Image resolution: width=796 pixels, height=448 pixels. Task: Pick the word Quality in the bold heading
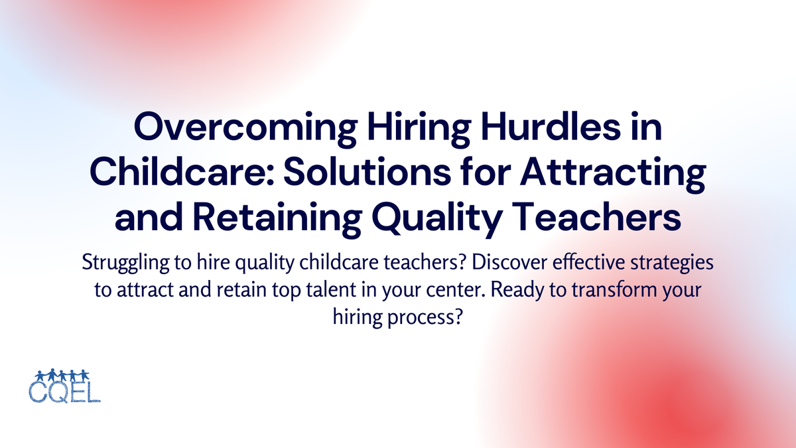click(x=425, y=218)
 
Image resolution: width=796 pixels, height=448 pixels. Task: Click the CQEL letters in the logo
click(x=64, y=391)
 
